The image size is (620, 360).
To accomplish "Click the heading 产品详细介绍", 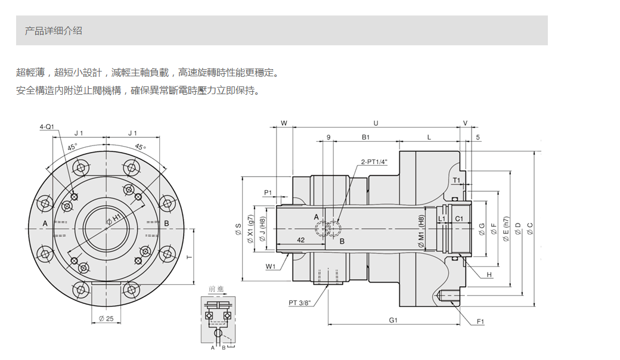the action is coord(54,31).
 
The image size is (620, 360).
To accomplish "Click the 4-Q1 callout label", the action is coord(46,127).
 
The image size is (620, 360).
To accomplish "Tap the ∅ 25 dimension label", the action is coord(106,318).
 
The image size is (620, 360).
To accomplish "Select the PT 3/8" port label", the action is coord(300,303).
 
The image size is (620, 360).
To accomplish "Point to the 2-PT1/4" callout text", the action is coord(374,162).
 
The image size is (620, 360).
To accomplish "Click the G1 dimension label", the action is coord(393,320).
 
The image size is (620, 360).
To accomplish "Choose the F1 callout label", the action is coord(480,322).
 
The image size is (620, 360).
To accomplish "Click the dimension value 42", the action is coord(300,240).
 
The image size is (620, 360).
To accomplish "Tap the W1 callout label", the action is coord(271,267).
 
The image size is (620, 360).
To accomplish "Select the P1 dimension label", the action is coord(268,193).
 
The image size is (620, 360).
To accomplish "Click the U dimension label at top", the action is coord(376,123).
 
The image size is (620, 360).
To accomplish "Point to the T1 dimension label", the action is coord(457,181).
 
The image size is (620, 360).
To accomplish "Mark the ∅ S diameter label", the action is coord(238,229).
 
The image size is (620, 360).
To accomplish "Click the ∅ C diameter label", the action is coord(530,229).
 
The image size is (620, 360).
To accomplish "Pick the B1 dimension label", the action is coord(366,137).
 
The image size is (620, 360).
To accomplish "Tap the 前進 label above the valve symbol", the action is coord(216,289).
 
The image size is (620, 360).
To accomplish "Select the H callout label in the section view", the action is coord(489,275).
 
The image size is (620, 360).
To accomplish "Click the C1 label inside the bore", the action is coord(459,219).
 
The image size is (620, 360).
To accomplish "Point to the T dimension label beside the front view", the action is coord(190,257).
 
